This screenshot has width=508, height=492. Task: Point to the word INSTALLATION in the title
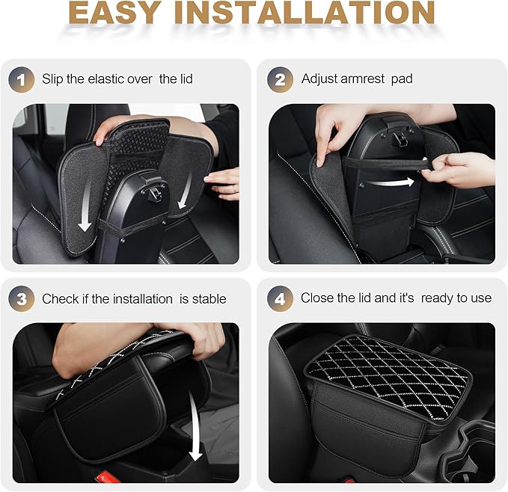coord(316,14)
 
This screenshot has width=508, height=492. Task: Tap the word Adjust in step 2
coord(319,79)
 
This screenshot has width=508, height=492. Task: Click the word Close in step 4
coord(317,298)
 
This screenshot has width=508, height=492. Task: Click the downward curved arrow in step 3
coord(196,430)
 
